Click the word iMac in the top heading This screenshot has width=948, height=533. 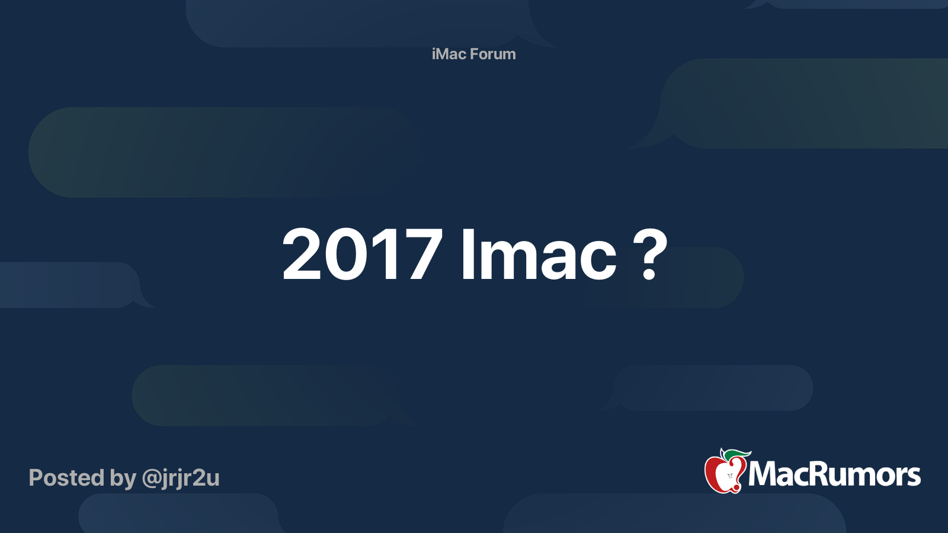tap(449, 54)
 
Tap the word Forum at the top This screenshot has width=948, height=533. tap(493, 54)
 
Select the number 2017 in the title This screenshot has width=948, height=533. tap(362, 255)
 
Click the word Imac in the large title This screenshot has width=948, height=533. tap(538, 255)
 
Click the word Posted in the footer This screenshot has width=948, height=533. tap(66, 478)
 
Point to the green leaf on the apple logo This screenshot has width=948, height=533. tap(738, 454)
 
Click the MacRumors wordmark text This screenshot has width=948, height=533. tap(834, 474)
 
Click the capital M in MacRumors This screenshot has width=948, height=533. tap(761, 474)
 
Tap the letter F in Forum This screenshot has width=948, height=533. tap(475, 54)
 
